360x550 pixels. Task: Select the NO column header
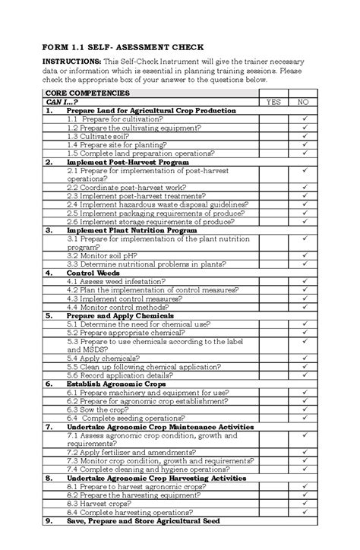[303, 101]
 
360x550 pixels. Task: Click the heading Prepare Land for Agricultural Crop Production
[151, 110]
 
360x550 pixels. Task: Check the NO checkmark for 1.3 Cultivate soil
[303, 136]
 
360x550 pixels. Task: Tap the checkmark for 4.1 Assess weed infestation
[303, 281]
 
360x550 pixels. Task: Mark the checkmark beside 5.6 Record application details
[303, 375]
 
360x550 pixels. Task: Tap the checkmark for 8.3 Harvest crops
[303, 503]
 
